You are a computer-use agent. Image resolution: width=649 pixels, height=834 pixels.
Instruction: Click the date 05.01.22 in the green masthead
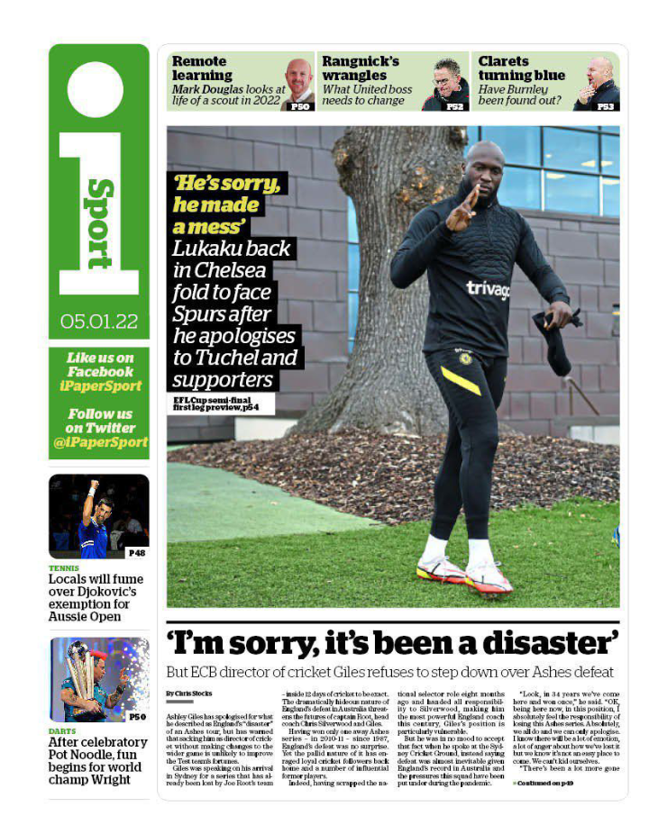99,321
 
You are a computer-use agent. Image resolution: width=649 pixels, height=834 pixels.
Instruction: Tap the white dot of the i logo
96,89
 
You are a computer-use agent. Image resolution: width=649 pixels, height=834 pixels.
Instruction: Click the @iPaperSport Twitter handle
99,442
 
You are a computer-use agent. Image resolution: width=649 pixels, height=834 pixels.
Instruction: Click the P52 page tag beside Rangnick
454,106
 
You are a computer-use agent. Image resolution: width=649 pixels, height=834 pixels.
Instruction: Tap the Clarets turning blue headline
521,68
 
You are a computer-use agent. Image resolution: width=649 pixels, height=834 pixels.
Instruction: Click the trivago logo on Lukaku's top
487,289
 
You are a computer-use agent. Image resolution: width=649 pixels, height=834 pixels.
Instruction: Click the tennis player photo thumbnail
98,516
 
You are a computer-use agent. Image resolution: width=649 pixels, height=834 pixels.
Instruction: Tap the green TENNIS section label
64,568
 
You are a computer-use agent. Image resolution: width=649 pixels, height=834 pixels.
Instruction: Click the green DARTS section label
63,731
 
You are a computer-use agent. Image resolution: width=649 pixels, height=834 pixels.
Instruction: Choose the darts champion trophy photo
98,679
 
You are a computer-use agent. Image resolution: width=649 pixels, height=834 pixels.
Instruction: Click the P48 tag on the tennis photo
136,552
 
